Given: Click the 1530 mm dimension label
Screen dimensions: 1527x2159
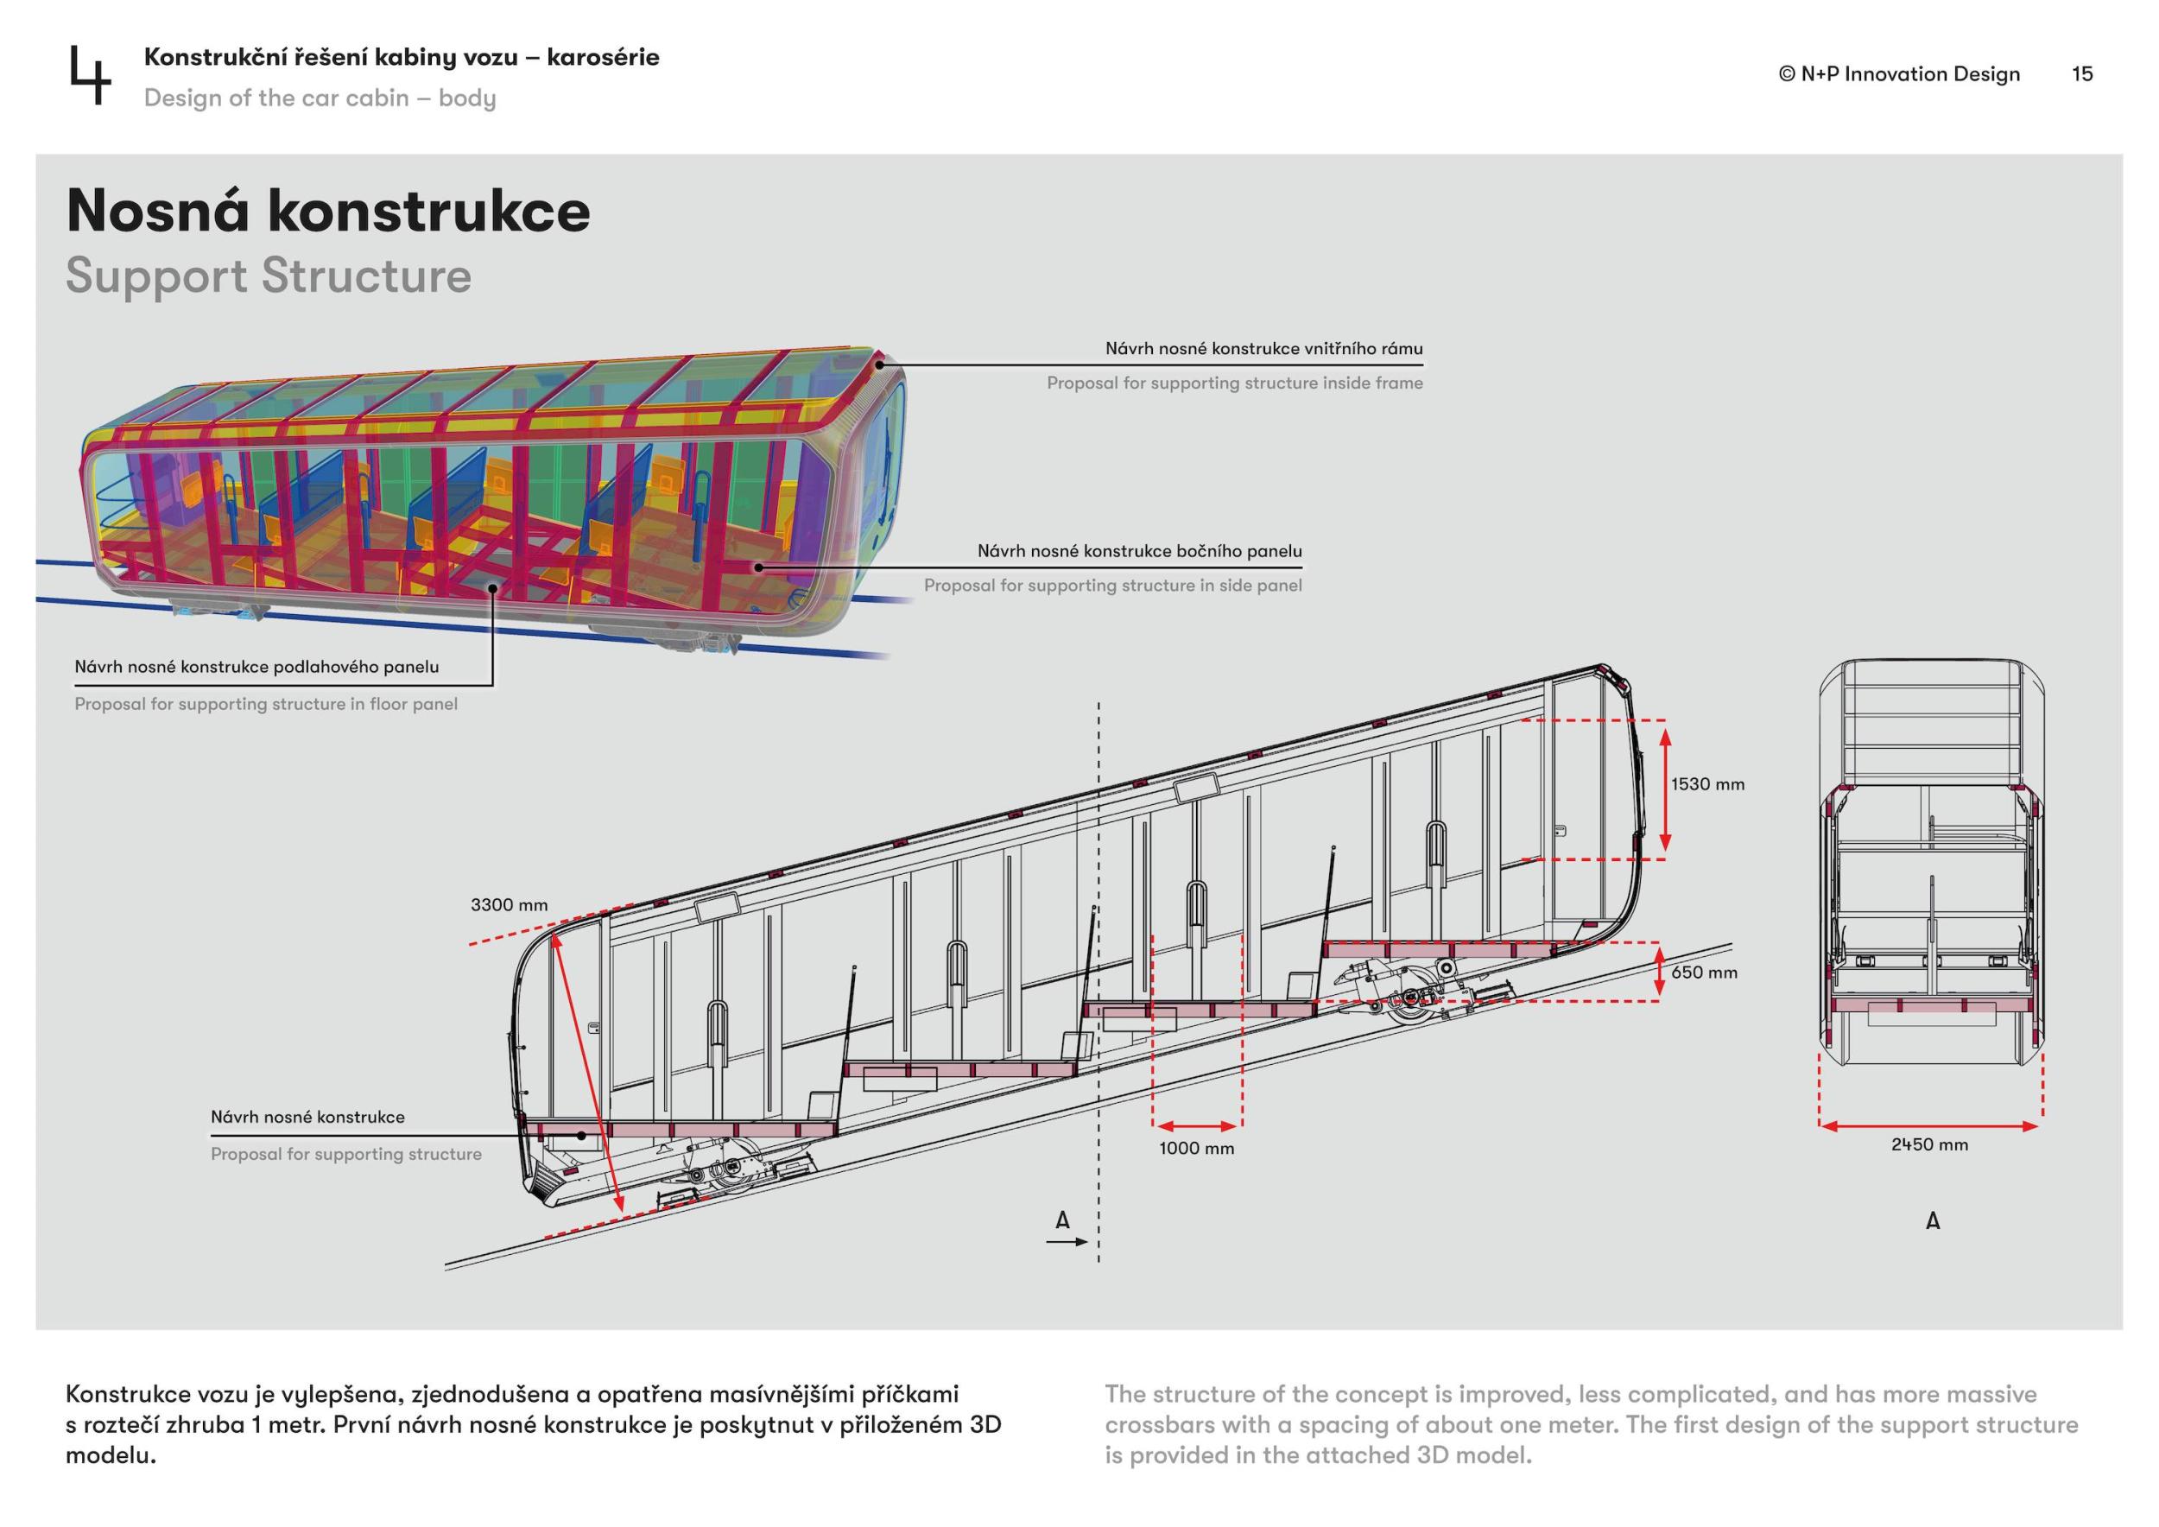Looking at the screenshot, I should [1706, 784].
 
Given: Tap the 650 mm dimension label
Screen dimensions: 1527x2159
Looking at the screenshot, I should [1704, 973].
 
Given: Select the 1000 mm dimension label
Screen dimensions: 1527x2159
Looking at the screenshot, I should [1196, 1148].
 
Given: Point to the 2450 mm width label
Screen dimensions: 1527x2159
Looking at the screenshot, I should [1929, 1144].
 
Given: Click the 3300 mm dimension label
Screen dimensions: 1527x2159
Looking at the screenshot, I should [509, 904].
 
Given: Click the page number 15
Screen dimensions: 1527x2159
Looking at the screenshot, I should [2082, 74].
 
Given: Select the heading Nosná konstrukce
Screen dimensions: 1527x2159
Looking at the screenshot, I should [328, 211].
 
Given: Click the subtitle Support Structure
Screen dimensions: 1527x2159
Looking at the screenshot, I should [268, 276].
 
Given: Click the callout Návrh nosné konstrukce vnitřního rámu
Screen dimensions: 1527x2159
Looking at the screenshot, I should [1263, 349].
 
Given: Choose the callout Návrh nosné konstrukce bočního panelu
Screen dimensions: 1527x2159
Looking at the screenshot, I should [1140, 551].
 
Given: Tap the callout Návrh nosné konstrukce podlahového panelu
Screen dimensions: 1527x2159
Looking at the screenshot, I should [256, 667].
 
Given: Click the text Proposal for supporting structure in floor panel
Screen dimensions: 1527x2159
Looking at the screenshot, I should [266, 703].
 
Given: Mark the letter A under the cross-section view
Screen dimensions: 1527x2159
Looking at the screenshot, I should [1933, 1220].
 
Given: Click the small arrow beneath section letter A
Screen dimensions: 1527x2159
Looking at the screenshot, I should [1067, 1242].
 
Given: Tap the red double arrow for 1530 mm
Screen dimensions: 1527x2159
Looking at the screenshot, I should [1664, 789].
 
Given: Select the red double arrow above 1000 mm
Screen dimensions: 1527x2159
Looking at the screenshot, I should [1197, 1125].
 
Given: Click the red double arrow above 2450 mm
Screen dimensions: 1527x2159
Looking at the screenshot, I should [1929, 1125].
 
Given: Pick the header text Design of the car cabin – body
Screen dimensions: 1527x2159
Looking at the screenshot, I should [320, 98].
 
